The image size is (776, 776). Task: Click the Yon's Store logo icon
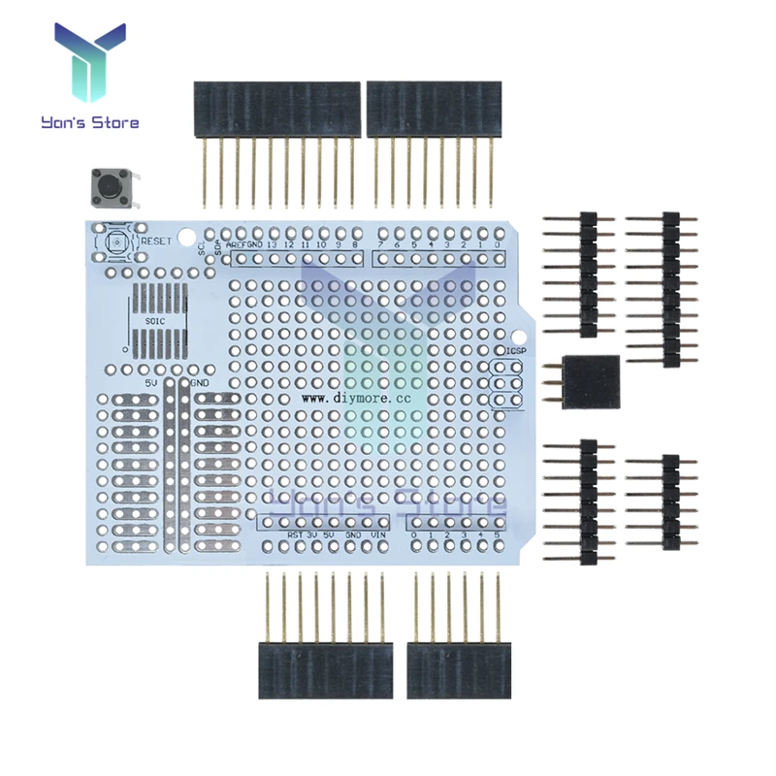(89, 64)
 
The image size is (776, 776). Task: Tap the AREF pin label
(236, 245)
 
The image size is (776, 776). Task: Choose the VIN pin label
(379, 534)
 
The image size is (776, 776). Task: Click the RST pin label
(294, 534)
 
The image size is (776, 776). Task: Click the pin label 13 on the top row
(273, 245)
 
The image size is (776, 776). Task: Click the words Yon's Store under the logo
(89, 123)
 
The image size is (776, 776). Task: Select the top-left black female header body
(275, 109)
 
